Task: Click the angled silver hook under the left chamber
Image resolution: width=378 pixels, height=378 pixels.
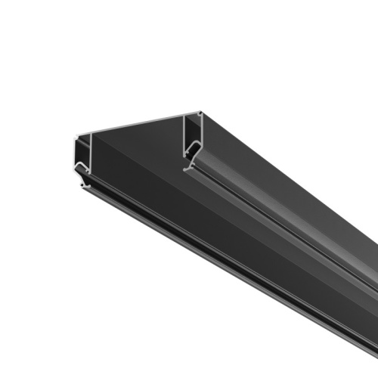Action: click(x=83, y=171)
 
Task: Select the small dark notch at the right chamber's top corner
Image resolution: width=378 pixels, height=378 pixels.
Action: click(x=200, y=115)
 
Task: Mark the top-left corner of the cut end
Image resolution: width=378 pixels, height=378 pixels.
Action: click(x=76, y=138)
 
